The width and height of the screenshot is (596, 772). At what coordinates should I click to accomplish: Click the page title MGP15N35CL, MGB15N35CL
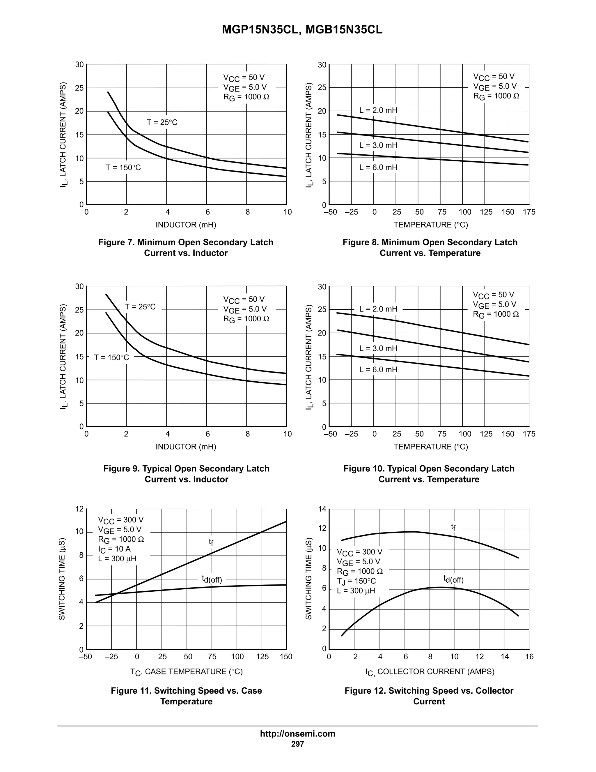(302, 30)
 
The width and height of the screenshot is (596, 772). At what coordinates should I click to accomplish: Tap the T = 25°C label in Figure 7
(162, 122)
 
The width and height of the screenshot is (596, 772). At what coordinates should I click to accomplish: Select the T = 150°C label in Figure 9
(111, 357)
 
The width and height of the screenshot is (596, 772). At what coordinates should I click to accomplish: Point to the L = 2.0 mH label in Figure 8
(378, 110)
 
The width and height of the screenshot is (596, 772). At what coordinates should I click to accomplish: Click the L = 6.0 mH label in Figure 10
(378, 370)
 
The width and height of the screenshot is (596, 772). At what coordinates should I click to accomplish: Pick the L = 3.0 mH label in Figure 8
(378, 145)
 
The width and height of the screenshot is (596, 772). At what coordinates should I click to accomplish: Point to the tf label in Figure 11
(211, 542)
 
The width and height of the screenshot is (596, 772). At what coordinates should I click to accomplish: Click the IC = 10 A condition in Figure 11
(114, 549)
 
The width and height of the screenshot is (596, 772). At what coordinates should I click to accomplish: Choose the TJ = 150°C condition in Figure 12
(356, 581)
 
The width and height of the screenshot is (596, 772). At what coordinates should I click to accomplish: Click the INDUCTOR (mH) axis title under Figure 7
(186, 225)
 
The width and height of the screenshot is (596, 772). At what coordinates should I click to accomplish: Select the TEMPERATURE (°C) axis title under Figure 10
(431, 447)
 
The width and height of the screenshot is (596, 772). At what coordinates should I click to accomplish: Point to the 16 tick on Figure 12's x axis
(529, 657)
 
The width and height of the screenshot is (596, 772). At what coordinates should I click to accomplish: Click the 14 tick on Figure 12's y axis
(322, 509)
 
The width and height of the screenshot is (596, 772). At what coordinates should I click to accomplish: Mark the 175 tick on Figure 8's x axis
(529, 212)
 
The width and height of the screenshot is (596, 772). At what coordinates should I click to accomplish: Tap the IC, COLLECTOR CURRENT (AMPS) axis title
(430, 671)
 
